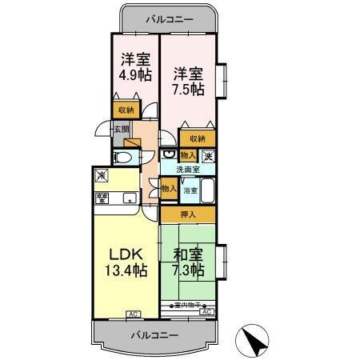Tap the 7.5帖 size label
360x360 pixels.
[188, 87]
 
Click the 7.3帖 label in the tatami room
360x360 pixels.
[189, 270]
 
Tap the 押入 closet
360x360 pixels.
[187, 214]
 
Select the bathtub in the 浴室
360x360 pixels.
[206, 192]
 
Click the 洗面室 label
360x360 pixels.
[188, 170]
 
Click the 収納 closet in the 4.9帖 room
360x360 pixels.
[126, 111]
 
